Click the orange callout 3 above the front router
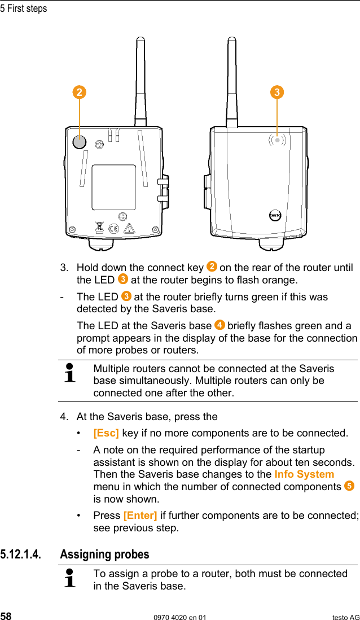click(276, 92)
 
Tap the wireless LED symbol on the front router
click(276, 140)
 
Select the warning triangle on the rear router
click(130, 229)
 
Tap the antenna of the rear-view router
click(141, 79)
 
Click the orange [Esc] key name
click(106, 433)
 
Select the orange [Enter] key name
click(140, 516)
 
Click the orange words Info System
click(304, 474)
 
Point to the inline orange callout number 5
click(349, 486)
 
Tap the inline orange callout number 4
click(219, 325)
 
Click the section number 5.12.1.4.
click(20, 554)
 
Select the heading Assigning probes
click(104, 554)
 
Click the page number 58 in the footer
click(6, 617)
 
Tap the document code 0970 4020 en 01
click(180, 617)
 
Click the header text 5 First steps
click(24, 8)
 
